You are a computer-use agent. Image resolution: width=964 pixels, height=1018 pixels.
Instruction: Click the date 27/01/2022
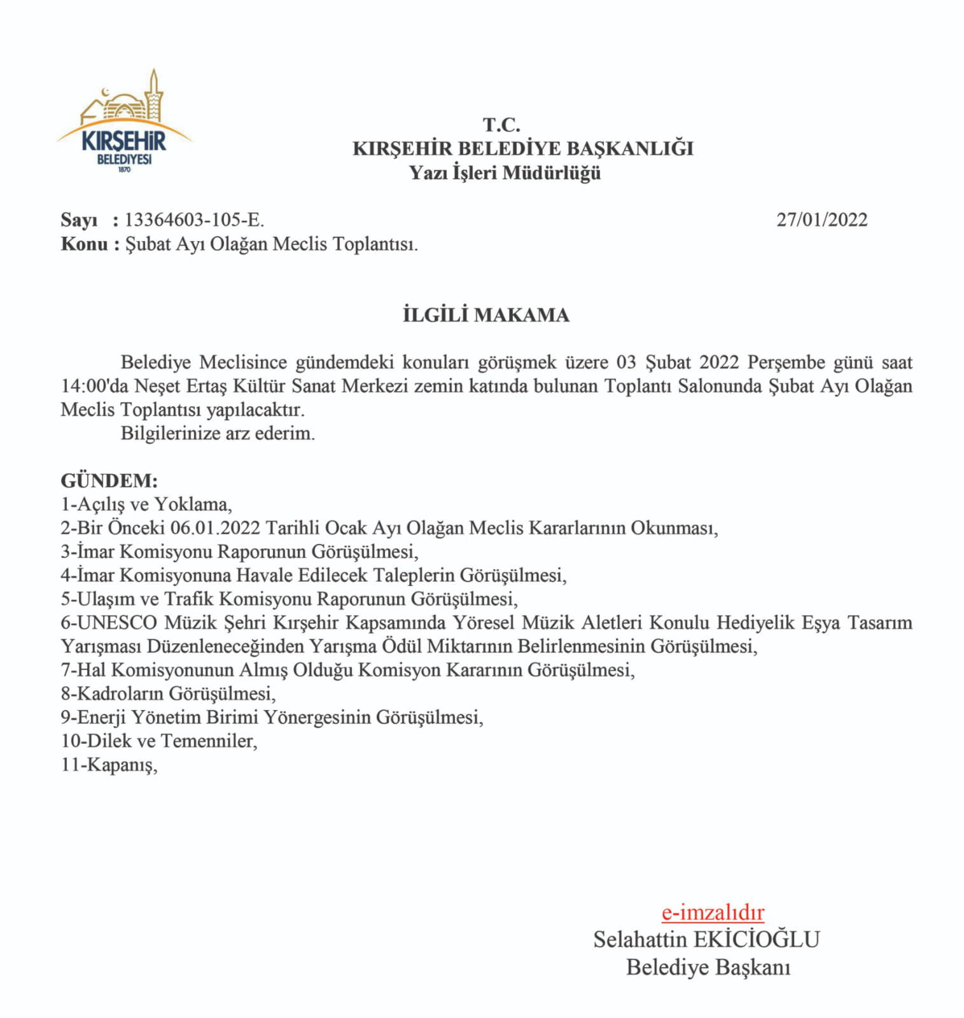click(x=821, y=220)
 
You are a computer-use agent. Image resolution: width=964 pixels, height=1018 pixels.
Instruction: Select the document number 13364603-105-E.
click(x=194, y=220)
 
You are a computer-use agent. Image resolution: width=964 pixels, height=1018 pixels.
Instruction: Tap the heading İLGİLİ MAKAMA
click(x=486, y=315)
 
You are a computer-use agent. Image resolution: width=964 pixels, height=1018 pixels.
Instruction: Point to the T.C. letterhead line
click(x=501, y=125)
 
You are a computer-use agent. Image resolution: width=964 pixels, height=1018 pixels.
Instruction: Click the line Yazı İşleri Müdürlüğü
click(x=505, y=172)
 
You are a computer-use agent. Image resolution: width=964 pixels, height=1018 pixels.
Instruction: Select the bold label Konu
click(x=84, y=244)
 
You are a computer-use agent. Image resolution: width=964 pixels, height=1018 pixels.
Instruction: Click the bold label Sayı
click(x=79, y=220)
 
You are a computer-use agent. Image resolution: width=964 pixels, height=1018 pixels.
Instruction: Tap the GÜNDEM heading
click(x=109, y=480)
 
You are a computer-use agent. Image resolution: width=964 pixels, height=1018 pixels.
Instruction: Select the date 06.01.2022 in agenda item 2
click(x=215, y=528)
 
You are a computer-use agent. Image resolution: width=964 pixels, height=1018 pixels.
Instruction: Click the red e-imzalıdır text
click(x=713, y=912)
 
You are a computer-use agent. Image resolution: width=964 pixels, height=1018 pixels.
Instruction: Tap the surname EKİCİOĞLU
click(x=756, y=940)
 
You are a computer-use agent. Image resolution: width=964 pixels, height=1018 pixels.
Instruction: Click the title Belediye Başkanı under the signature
click(x=708, y=968)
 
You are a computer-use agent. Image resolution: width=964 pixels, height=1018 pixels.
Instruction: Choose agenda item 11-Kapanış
click(x=109, y=765)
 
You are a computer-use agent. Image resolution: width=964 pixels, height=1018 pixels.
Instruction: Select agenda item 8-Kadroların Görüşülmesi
click(x=168, y=694)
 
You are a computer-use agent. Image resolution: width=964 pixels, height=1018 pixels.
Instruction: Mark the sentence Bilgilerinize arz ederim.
click(x=218, y=434)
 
